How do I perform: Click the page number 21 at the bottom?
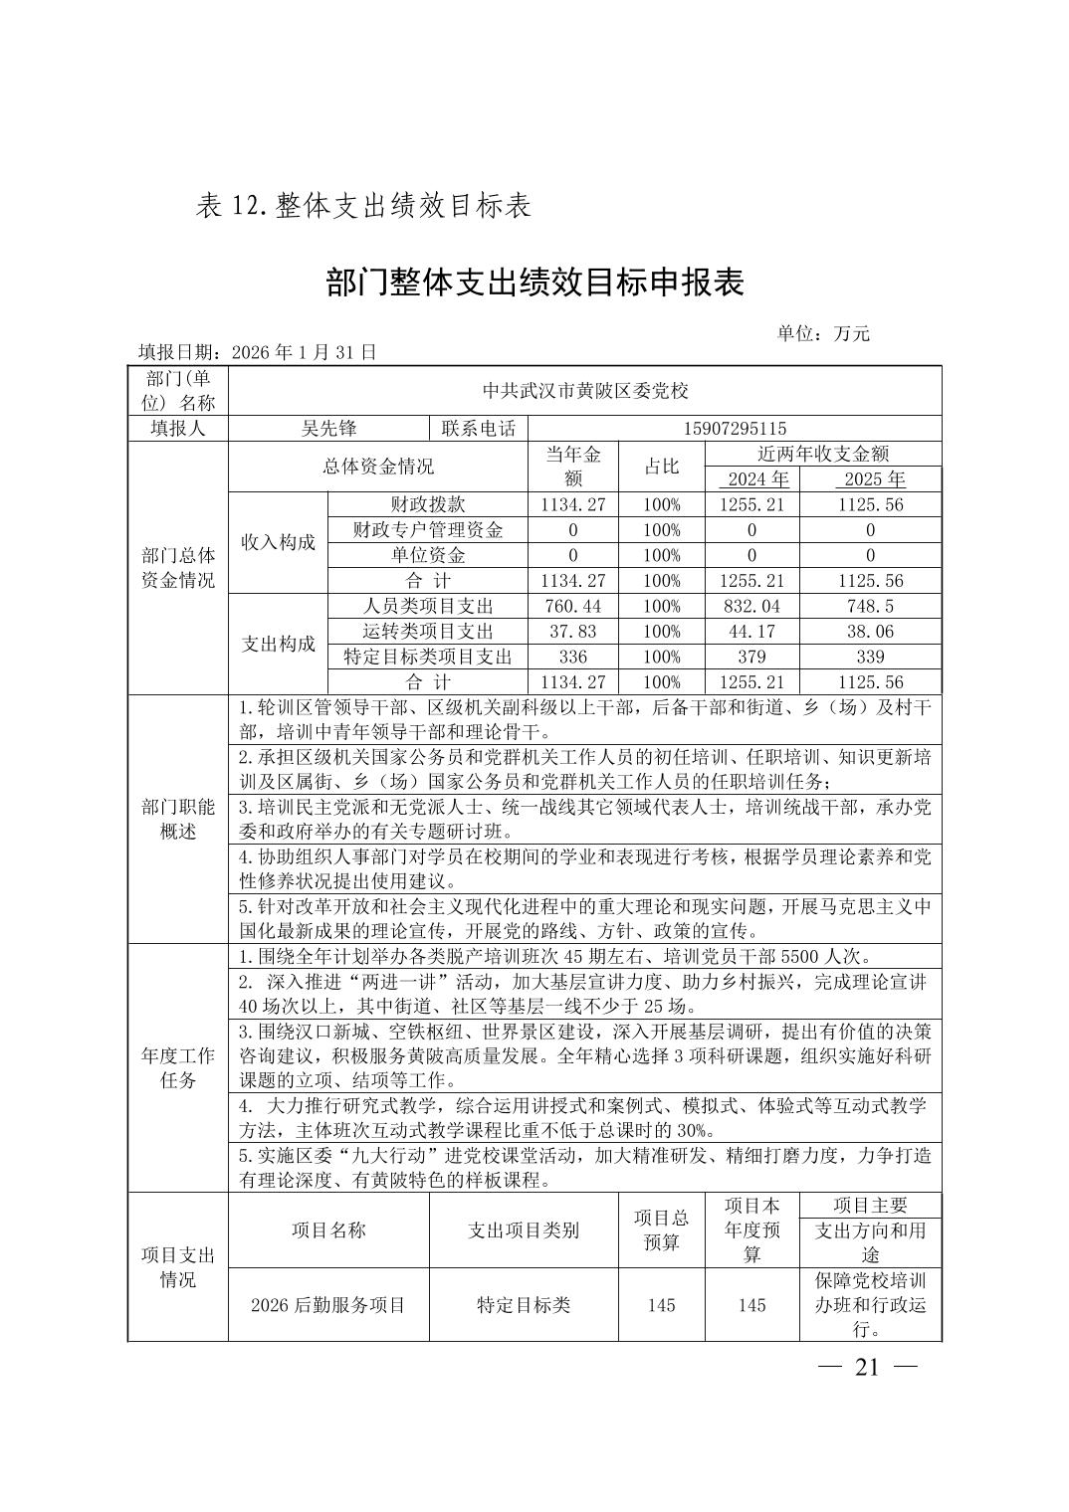click(x=867, y=1367)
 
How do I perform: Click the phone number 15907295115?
click(x=735, y=429)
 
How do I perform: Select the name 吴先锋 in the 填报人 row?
click(x=328, y=429)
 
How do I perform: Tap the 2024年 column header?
click(x=751, y=479)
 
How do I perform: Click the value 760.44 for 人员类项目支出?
click(x=572, y=606)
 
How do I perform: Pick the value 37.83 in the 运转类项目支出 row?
click(x=572, y=632)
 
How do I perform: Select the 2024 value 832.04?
click(x=751, y=606)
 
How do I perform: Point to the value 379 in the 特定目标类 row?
click(x=751, y=657)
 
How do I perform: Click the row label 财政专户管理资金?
click(x=428, y=530)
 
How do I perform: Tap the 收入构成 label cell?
click(x=278, y=542)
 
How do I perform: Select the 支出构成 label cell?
click(x=278, y=644)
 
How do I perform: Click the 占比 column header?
click(x=661, y=467)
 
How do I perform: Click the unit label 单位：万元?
click(x=822, y=334)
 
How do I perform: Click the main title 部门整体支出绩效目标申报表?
click(x=534, y=283)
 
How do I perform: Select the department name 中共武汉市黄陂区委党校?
click(x=585, y=391)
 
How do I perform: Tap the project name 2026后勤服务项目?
click(x=328, y=1305)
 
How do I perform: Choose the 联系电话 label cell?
click(x=479, y=429)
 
